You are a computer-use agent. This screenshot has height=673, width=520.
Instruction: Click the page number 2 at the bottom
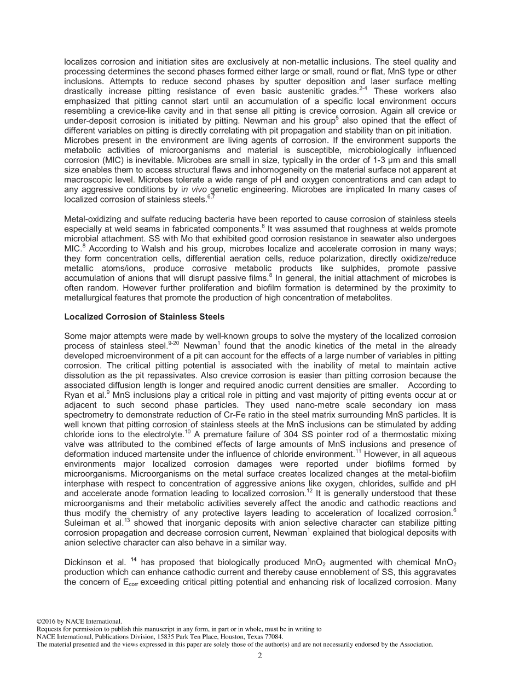coord(260,656)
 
